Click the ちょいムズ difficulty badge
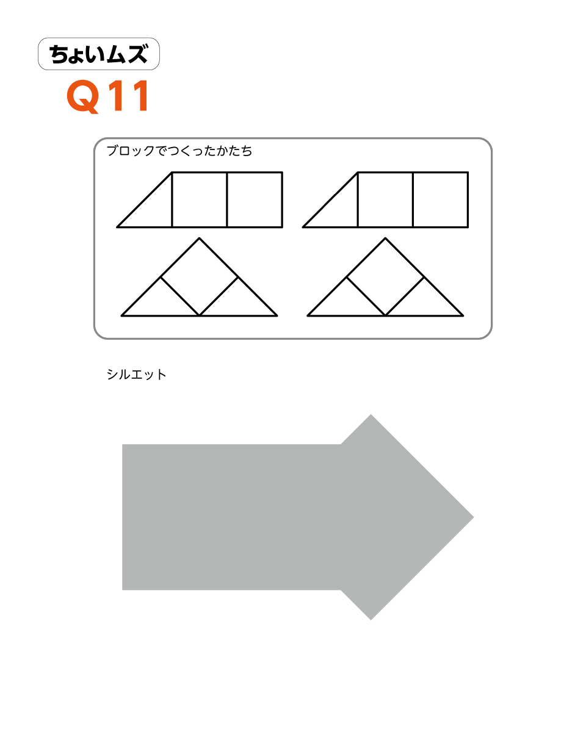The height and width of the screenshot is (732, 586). point(99,54)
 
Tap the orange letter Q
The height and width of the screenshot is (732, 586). point(83,96)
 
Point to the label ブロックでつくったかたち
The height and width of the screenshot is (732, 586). point(179,151)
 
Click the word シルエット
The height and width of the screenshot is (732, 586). point(136,375)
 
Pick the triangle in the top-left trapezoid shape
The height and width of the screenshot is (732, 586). point(153,209)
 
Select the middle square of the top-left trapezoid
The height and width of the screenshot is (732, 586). point(200,199)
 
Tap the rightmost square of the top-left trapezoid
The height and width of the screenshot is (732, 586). point(255,199)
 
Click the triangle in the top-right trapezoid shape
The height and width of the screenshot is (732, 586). point(339,209)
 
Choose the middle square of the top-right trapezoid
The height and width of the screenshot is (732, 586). point(385,199)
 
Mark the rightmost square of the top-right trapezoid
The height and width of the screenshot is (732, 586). point(441,199)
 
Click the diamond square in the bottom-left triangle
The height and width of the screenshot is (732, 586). point(200,277)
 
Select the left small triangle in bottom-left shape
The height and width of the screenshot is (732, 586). point(160,303)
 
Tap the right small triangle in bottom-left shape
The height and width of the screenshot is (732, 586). point(238,303)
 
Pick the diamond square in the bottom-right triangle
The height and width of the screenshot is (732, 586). point(385,277)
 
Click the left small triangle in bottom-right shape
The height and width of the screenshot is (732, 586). point(346,303)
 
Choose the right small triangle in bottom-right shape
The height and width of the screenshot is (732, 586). point(424,303)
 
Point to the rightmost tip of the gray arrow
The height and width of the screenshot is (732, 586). point(473,517)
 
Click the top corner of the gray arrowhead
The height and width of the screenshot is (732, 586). point(371,415)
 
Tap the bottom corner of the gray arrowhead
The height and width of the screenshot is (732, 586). point(371,620)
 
